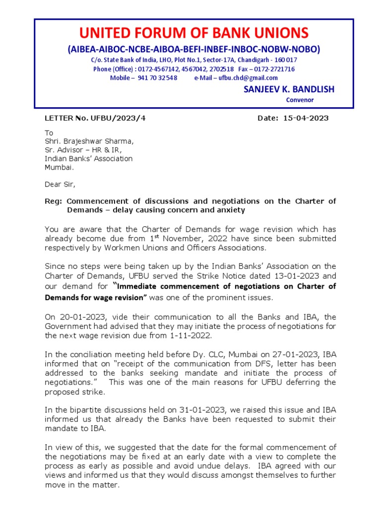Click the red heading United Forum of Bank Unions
194,33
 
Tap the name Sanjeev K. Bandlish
289,89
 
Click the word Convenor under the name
300,100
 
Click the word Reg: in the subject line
54,201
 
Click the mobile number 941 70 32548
157,78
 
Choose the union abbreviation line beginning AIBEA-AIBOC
194,49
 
